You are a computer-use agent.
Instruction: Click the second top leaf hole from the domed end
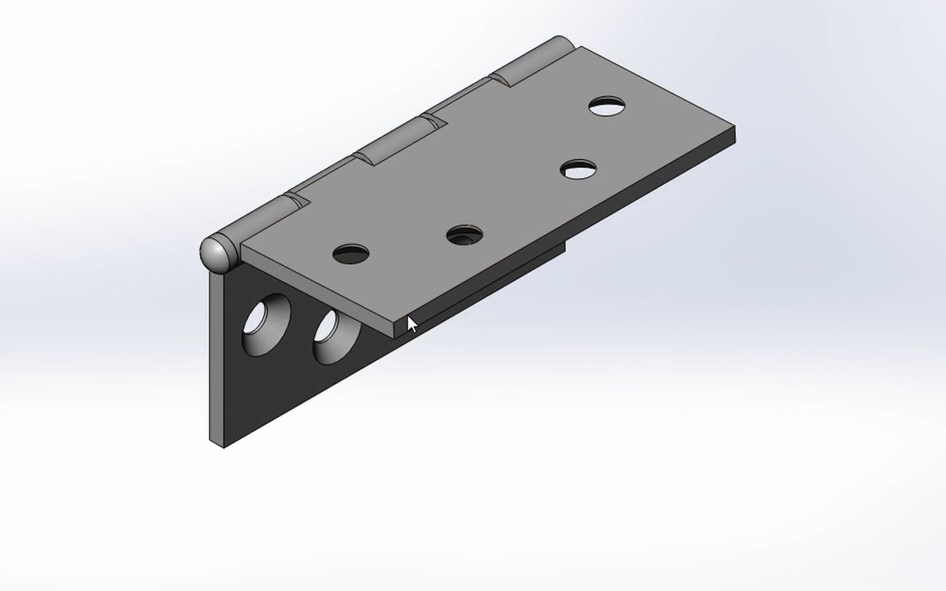coord(464,236)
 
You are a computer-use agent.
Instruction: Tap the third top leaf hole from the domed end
coord(578,169)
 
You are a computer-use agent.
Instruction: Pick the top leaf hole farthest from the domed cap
coord(607,107)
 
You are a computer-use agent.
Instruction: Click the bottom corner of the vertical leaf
coord(223,447)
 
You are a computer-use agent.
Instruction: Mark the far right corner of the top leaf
coord(734,128)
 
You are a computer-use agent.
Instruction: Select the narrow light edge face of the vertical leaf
coord(217,357)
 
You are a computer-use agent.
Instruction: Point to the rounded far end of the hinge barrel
coord(562,43)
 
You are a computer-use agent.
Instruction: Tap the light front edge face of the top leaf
coord(316,292)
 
